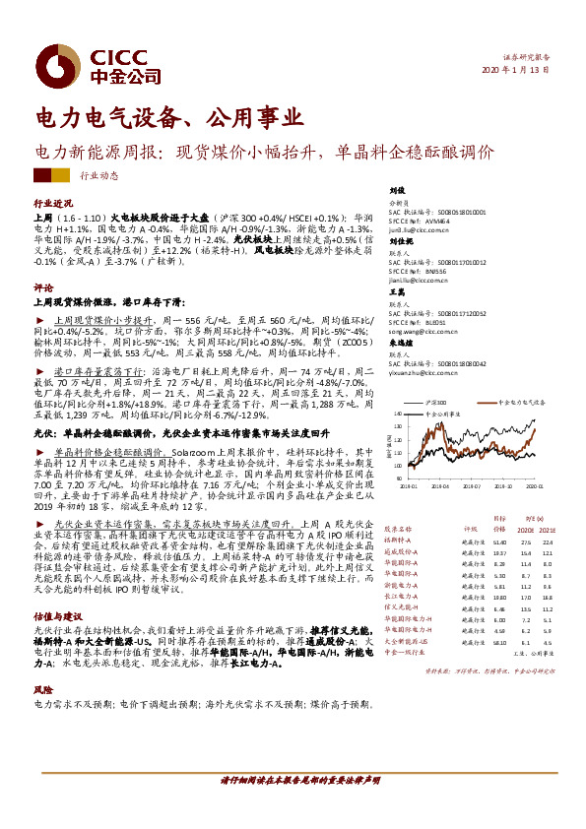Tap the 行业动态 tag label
[98, 175]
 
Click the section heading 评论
[42, 288]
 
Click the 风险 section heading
[42, 692]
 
